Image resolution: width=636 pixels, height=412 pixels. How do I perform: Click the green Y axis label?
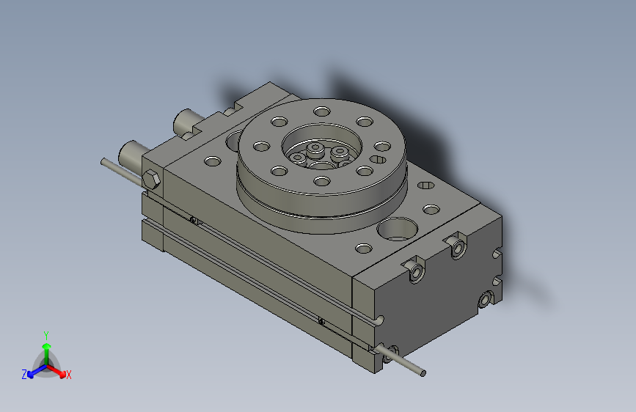[x=45, y=334]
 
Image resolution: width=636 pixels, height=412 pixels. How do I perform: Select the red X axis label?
[x=69, y=375]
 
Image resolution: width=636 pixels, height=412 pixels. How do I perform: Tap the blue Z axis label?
[x=24, y=375]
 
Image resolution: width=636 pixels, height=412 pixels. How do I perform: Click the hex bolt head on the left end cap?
[x=152, y=180]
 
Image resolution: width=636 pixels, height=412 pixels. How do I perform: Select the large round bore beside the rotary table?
[x=395, y=230]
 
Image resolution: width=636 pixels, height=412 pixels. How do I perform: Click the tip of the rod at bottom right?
[x=423, y=374]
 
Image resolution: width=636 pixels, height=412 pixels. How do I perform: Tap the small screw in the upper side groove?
[x=192, y=219]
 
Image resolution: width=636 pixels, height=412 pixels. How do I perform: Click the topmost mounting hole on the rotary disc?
[x=321, y=111]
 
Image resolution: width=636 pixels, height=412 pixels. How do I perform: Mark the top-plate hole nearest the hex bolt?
[x=211, y=161]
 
